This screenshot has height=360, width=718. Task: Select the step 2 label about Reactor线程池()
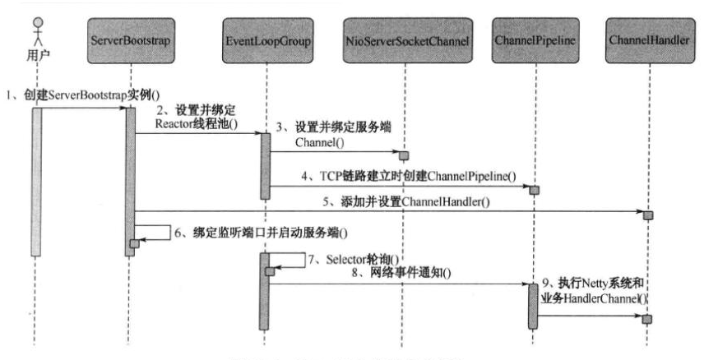[x=197, y=118]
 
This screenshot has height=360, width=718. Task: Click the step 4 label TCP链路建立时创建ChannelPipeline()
[x=407, y=176]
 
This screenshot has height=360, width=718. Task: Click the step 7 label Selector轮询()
[x=340, y=260]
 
